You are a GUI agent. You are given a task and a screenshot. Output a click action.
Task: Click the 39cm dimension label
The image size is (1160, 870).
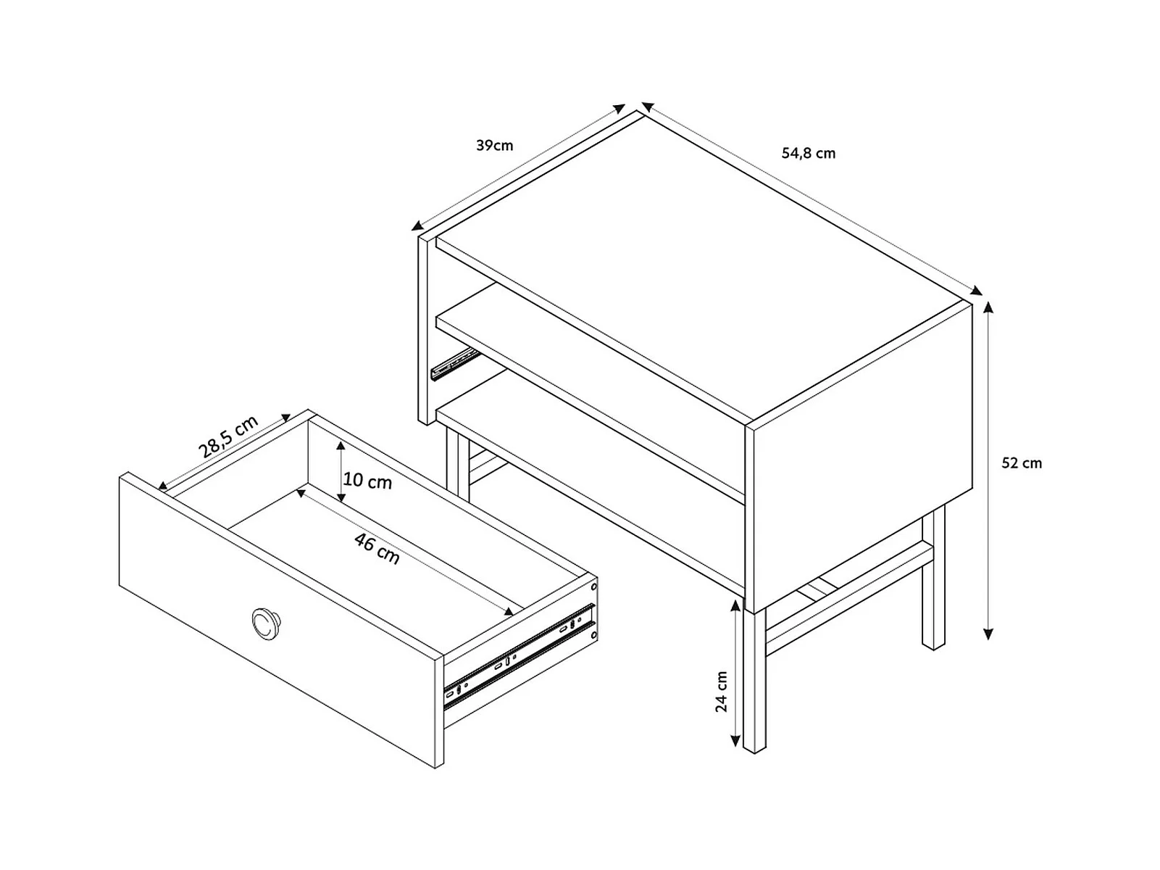494,146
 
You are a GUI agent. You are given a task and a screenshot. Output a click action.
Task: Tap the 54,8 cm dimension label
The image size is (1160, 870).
808,153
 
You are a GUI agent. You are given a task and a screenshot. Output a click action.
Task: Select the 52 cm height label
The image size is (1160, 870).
1022,463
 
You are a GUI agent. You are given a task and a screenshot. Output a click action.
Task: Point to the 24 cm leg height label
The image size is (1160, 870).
722,692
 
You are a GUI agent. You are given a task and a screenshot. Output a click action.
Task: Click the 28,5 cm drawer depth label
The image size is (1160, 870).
228,436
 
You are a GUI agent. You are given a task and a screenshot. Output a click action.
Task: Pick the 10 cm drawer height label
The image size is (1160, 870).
367,481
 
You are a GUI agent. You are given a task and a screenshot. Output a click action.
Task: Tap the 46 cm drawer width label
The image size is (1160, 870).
377,547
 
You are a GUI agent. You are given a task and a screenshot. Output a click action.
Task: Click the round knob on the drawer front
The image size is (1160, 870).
266,623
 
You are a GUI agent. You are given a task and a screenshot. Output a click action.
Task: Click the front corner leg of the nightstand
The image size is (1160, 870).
754,681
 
